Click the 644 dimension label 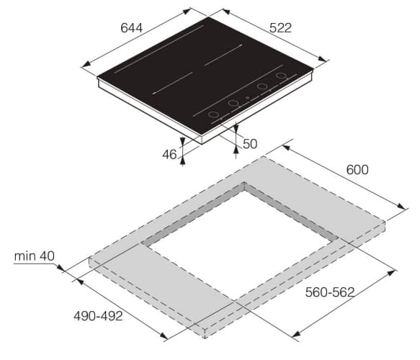[x=132, y=28]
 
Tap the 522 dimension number [x=280, y=28]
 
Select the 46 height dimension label [x=169, y=154]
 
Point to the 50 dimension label [x=250, y=144]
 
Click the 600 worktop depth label [x=357, y=170]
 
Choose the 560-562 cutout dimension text [x=330, y=292]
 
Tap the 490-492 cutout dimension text [x=98, y=316]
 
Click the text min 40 [x=35, y=256]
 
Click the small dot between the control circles [x=248, y=98]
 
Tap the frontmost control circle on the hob [x=213, y=114]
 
